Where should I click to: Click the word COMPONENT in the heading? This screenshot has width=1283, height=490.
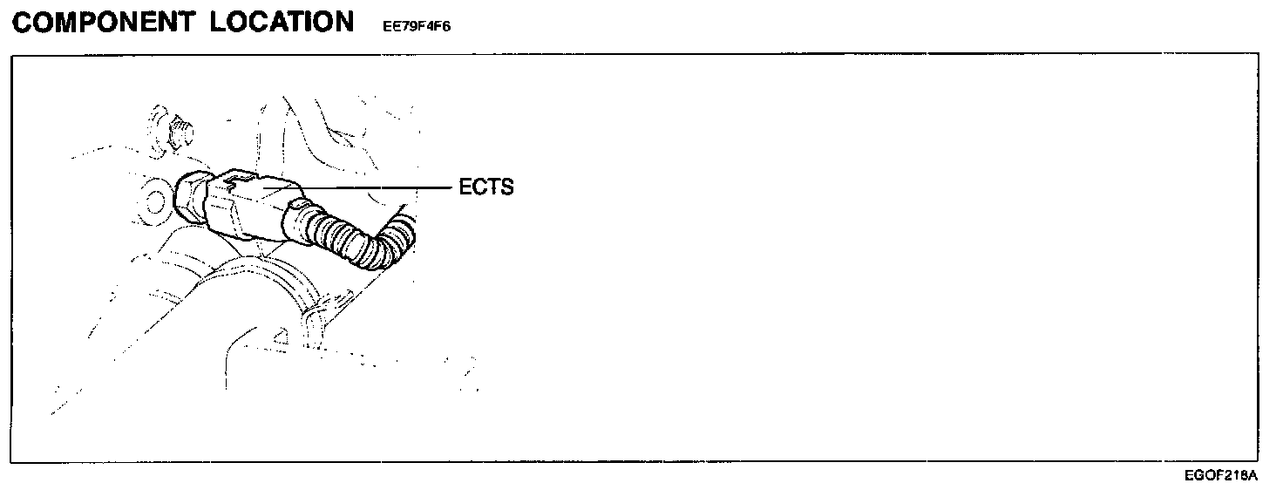click(x=104, y=23)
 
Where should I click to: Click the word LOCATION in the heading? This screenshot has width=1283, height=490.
click(x=282, y=23)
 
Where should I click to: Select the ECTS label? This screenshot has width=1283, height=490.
click(x=486, y=187)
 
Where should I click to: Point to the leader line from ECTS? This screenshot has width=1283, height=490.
click(x=375, y=187)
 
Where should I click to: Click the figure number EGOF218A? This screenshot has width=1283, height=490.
click(x=1220, y=476)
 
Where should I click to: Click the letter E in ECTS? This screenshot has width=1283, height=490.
click(x=465, y=187)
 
